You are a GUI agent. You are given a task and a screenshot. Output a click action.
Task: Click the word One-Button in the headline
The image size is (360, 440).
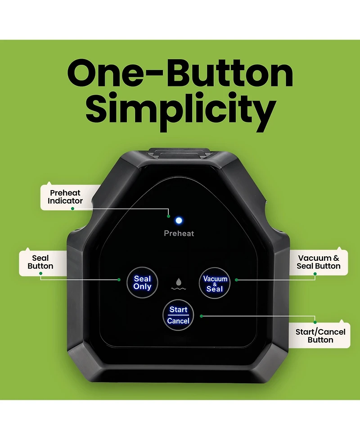coord(180,73)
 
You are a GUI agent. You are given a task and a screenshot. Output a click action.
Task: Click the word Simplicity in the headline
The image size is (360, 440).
coord(181,111)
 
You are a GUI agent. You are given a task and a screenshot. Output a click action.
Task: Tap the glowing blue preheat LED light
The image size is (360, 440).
coord(179,221)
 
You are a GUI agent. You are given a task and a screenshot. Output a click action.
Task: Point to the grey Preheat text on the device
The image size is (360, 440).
coord(179,233)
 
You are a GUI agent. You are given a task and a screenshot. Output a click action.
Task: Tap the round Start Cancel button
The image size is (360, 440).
coord(178,315)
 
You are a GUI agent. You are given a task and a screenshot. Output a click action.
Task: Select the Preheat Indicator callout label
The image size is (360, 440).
coord(65,197)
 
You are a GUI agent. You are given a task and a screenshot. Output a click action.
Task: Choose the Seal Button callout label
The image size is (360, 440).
coord(40,262)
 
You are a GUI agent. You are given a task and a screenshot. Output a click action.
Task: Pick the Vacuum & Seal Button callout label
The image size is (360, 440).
coord(319,262)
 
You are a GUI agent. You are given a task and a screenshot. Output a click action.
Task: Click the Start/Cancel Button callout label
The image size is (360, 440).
coord(320,336)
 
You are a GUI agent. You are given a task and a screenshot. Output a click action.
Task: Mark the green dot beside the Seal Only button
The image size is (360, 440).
coord(119,280)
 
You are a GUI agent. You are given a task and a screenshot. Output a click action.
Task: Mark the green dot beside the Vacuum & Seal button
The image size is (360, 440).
coord(236,280)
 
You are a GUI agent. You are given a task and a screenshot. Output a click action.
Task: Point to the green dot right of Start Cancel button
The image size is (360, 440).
coord(201,316)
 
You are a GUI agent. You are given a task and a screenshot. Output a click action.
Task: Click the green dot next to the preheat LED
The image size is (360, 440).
coord(168,216)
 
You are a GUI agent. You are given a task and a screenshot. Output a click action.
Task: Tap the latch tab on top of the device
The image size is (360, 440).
coord(179,153)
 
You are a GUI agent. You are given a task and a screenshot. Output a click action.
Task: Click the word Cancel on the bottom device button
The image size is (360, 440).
coord(178,321)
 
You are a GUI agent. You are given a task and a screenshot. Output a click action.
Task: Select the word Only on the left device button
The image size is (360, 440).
coord(143,286)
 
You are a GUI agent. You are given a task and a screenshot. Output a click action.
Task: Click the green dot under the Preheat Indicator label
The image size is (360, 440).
coord(72,209)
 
